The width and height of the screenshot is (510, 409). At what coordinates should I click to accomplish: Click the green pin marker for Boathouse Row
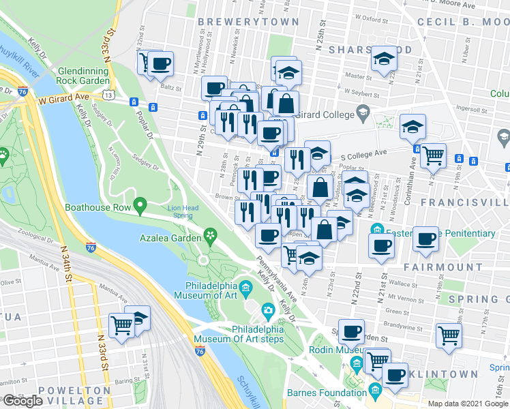point(140,204)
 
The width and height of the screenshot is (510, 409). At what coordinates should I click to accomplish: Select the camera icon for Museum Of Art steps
point(268,312)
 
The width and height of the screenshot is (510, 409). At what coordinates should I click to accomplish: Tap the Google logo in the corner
point(22,401)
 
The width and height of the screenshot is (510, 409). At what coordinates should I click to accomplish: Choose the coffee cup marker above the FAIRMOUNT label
point(426,239)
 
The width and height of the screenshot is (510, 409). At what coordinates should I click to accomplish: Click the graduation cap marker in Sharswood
point(384,59)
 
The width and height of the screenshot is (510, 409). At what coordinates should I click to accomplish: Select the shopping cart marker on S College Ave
point(433,155)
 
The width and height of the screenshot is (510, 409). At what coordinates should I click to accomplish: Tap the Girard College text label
point(325,113)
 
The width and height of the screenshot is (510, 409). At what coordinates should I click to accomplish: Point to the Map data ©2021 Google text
point(467,404)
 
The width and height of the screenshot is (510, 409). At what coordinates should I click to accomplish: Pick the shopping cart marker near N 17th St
point(449,334)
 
